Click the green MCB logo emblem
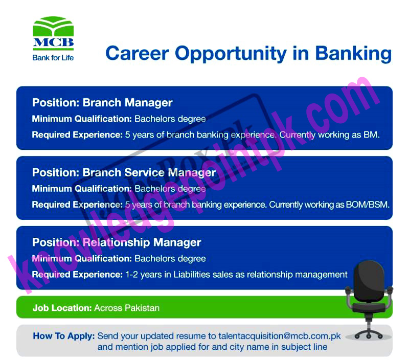click(x=53, y=27)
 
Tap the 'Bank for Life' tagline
click(x=53, y=58)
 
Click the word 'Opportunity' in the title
click(x=231, y=54)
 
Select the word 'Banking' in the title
click(x=353, y=54)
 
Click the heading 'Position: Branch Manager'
click(x=102, y=103)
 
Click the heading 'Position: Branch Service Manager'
click(x=124, y=173)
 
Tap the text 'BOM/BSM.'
click(x=368, y=205)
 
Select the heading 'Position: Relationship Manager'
click(x=117, y=242)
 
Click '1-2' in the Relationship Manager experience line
click(x=131, y=275)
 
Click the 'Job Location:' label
click(x=62, y=308)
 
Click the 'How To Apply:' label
click(x=63, y=336)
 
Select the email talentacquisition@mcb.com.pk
click(x=279, y=336)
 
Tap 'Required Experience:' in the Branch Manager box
click(x=77, y=135)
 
